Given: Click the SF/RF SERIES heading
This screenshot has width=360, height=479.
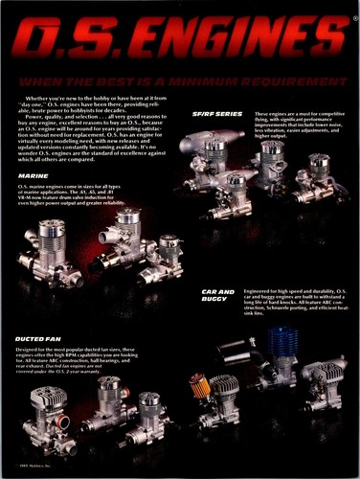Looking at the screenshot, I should coord(217,115).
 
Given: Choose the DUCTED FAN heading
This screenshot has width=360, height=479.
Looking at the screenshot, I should coord(40,338).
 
